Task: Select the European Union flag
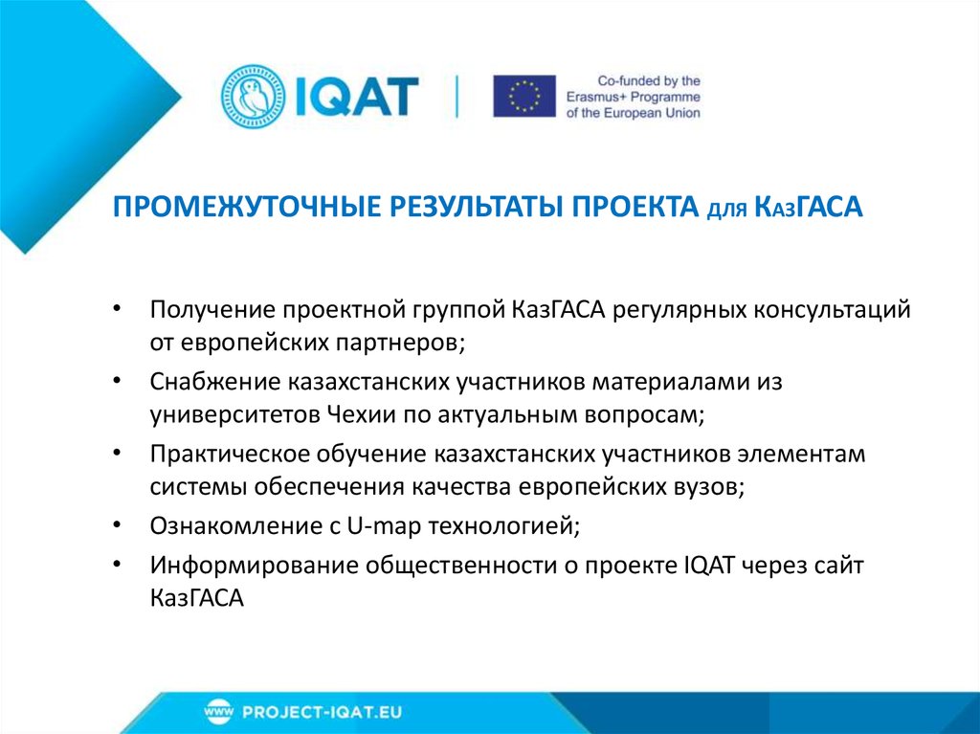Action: [524, 96]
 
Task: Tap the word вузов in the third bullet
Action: [708, 485]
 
